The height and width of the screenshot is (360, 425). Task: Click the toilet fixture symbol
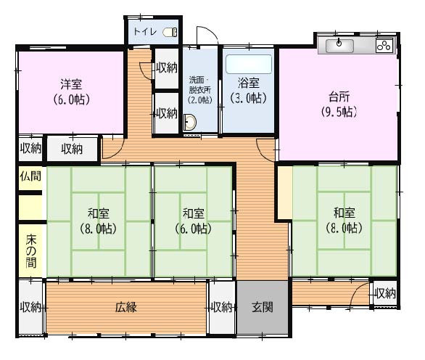(x=170, y=32)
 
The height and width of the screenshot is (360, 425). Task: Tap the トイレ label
(x=145, y=32)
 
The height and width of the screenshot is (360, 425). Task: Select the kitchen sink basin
(x=339, y=46)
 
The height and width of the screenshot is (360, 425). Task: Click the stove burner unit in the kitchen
(x=384, y=45)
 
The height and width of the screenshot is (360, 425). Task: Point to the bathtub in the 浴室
(x=249, y=65)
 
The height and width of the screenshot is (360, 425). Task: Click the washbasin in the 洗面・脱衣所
(x=190, y=122)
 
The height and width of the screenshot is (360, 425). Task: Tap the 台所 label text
(x=339, y=97)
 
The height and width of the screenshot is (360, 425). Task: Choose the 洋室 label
(x=71, y=84)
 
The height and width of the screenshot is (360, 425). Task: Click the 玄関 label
(x=263, y=307)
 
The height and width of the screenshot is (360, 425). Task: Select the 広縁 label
(x=126, y=307)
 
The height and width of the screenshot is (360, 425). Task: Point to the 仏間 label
(x=30, y=176)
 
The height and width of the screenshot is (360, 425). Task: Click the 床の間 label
(x=31, y=251)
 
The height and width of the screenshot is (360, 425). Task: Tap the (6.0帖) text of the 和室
(x=193, y=229)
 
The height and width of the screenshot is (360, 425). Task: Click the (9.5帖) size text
(x=339, y=112)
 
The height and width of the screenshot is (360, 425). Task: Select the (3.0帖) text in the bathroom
(x=248, y=98)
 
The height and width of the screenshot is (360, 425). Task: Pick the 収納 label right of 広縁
(x=222, y=307)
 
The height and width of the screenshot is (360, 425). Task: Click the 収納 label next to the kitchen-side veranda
(x=385, y=293)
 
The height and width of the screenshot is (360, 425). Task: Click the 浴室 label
(x=249, y=83)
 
